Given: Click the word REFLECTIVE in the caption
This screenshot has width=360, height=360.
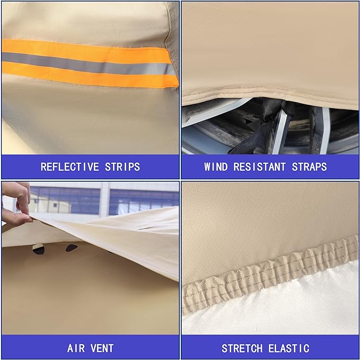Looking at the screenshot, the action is tap(70, 167).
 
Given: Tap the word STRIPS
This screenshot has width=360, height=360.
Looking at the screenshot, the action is tap(122, 167).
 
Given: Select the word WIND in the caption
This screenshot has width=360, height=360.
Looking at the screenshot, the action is tap(216, 167).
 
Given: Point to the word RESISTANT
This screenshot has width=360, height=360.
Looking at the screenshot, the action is tap(260, 167).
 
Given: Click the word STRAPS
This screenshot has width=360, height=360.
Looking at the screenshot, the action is tap(309, 167).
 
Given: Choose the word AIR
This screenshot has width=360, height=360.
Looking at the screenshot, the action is tap(76, 348).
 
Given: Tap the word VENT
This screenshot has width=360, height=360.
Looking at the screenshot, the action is tap(102, 348).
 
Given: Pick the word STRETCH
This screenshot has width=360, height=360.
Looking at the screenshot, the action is tap(242, 348).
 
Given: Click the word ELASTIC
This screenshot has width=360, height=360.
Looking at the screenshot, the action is tap(289, 348).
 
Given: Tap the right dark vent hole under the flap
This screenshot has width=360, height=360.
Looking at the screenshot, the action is tap(72, 248).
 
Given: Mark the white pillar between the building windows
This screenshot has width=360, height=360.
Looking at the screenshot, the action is tap(104, 199).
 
